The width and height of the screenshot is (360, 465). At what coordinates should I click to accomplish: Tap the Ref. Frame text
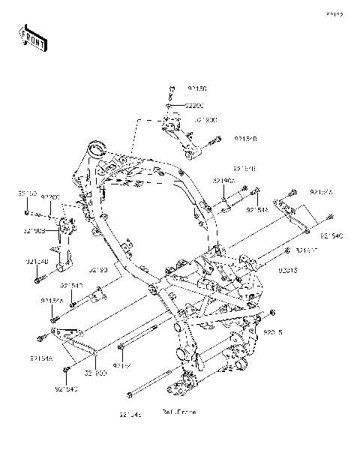[178, 412]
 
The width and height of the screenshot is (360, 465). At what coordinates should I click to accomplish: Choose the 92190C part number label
[34, 231]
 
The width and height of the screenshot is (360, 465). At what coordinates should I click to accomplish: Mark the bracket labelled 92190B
[176, 135]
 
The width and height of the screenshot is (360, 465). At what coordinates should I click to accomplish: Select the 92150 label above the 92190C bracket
[28, 193]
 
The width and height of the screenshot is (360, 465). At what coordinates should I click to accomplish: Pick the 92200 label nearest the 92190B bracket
[194, 106]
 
